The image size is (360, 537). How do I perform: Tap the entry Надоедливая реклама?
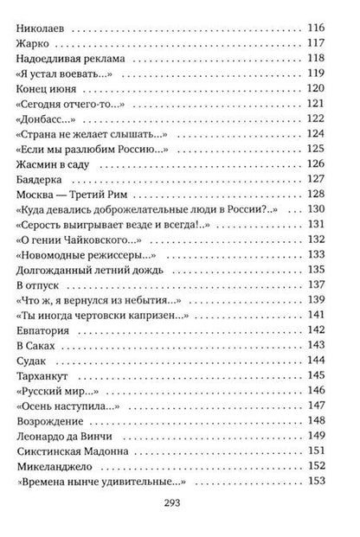(x=72, y=60)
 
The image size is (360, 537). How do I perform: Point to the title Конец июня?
(x=46, y=89)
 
